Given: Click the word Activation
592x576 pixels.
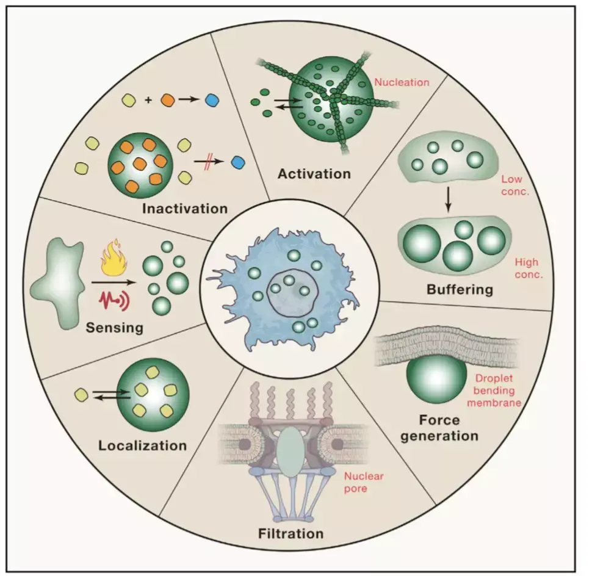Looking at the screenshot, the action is pos(314,174).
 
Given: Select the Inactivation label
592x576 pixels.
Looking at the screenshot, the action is pos(185,209).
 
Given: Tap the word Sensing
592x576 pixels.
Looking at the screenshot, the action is pos(114,328).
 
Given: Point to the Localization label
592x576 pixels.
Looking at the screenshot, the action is pos(143,445).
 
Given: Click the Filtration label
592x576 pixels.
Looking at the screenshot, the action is pos(291,534).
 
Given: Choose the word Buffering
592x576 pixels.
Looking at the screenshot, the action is pos(460,289).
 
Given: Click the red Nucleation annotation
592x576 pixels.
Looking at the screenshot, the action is pos(402,82).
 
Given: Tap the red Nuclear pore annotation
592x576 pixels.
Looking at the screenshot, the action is pos(364,483).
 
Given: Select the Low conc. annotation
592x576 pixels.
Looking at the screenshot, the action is pos(515,185).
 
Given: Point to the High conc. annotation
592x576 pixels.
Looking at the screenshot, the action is pos(529,268).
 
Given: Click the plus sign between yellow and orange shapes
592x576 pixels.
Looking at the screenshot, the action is pos(148,100).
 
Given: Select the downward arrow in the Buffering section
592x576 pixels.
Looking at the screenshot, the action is pos(448,200).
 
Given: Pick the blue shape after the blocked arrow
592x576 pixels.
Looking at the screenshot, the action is pos(238,163).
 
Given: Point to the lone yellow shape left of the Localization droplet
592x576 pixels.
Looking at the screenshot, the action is pos(81,395).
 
